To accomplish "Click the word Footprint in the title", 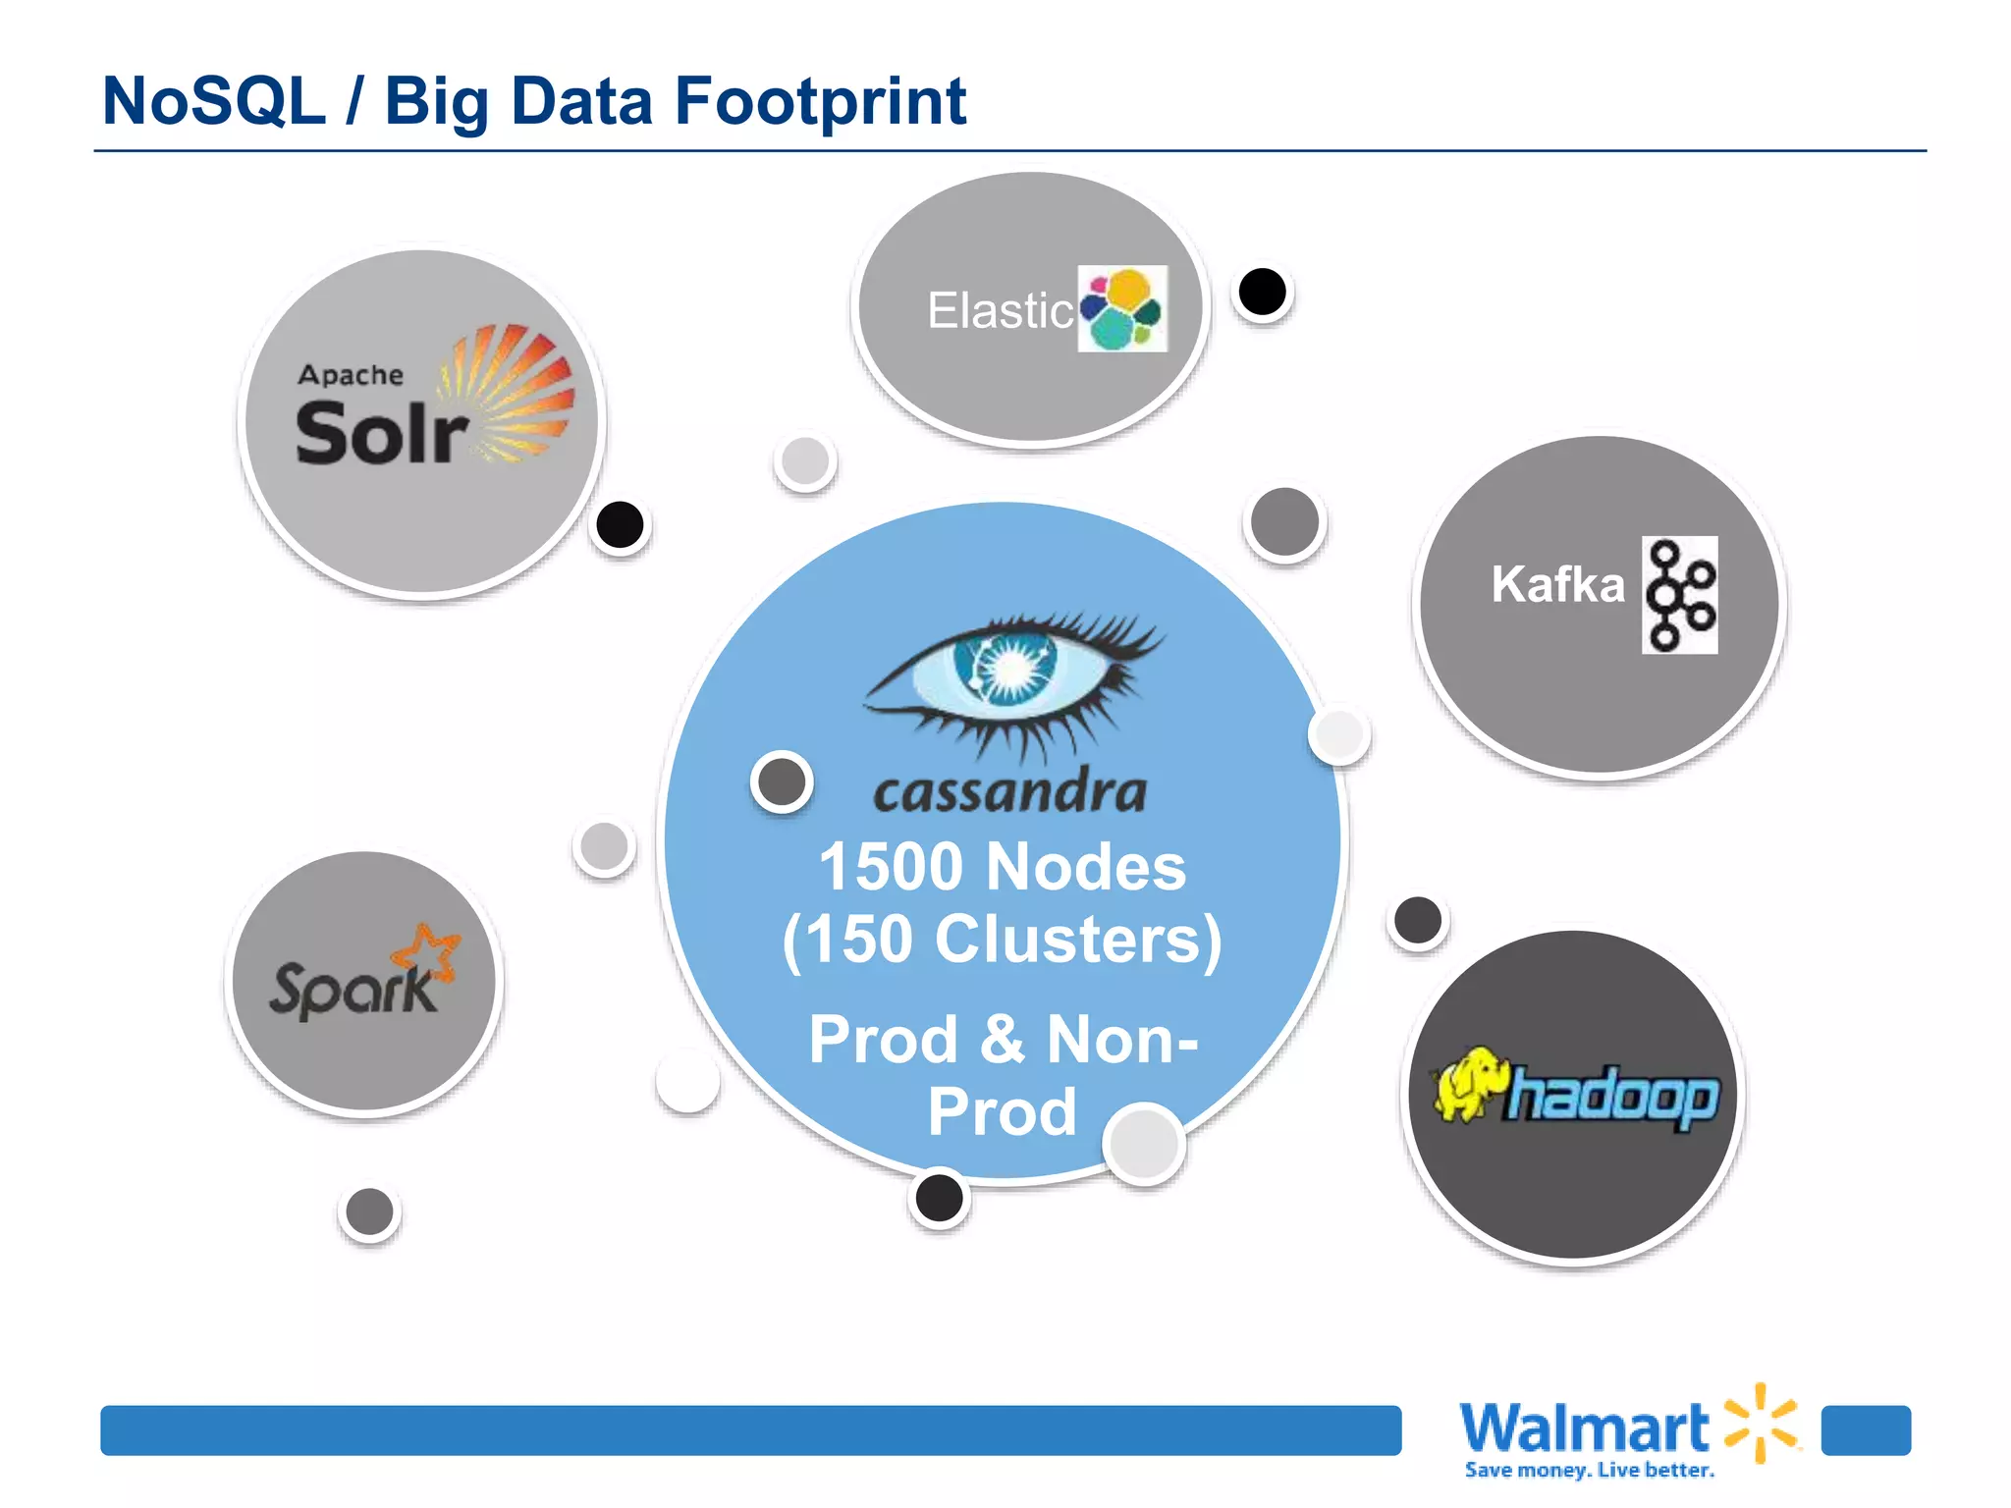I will pos(821,101).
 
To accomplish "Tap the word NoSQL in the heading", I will pos(214,101).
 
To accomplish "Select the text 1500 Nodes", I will pos(1003,867).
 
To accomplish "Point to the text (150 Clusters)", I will pos(1003,940).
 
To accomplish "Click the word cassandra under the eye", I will pos(1009,791).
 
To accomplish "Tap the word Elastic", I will pos(1000,311).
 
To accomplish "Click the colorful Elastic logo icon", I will pos(1122,308).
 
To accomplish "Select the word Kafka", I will pos(1557,584).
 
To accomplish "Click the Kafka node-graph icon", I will pos(1680,595).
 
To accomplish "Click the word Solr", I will pos(381,434).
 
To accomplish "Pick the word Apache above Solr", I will pos(351,375).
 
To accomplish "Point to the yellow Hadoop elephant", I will pos(1470,1085).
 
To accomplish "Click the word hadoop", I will pos(1612,1096).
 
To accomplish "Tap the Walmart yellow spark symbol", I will pos(1762,1422).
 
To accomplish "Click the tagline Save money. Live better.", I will pos(1589,1470).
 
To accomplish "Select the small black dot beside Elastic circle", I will pos(1263,292).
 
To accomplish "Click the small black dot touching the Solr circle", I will pos(620,524).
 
